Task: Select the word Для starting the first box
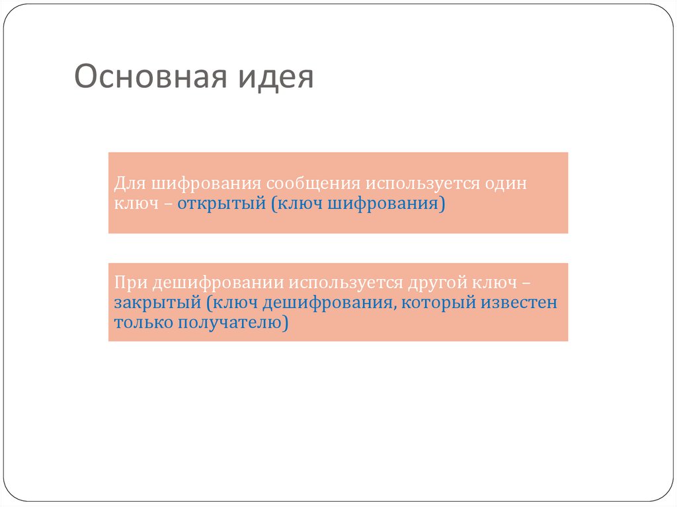pyautogui.click(x=128, y=183)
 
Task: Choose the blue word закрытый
pyautogui.click(x=157, y=304)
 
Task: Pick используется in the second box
pyautogui.click(x=342, y=284)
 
